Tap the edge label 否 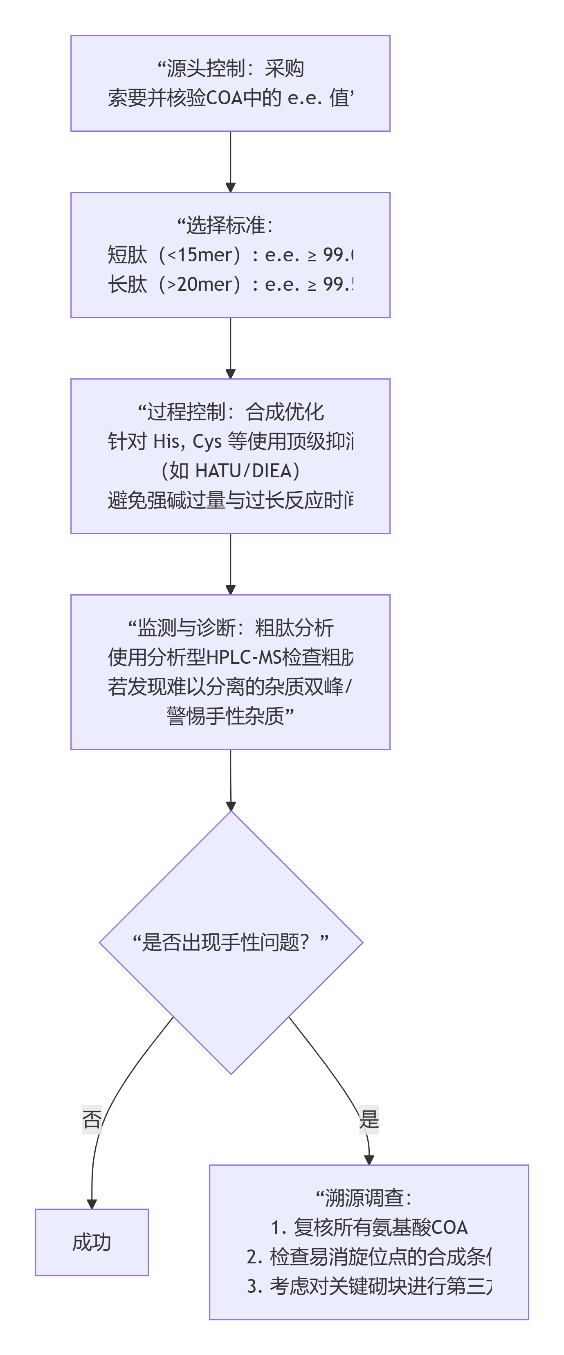92,1119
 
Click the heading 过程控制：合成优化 230,411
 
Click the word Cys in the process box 207,441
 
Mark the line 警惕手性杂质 226,716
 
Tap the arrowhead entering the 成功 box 92,1204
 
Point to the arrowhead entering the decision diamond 230,806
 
